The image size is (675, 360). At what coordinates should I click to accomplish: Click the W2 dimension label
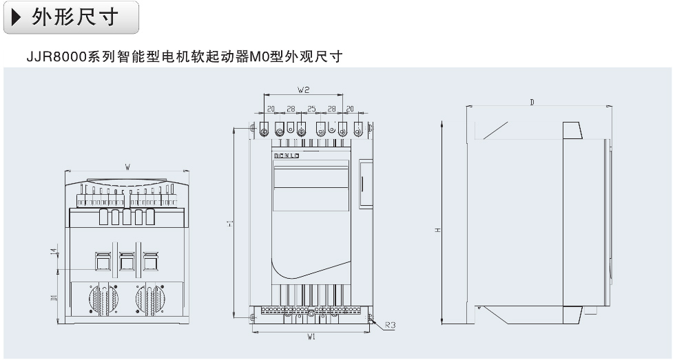pos(304,90)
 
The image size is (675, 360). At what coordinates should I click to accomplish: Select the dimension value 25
pos(311,109)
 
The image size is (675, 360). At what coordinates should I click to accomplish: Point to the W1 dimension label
pos(311,337)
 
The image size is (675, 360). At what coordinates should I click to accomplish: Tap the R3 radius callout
pos(390,324)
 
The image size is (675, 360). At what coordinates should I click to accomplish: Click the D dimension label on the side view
pos(532,102)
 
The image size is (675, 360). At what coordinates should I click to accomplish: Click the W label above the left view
pos(127,167)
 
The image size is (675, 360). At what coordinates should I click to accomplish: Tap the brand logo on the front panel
pos(288,156)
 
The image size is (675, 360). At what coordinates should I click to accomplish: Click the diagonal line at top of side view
pos(496,130)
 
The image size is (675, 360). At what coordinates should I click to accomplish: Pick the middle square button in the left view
pos(125,261)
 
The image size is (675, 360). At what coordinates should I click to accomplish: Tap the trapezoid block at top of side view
pos(572,130)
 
